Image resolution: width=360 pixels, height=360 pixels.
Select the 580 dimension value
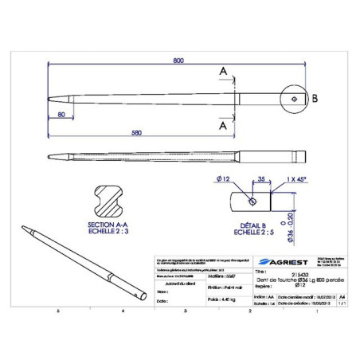[x=138, y=131]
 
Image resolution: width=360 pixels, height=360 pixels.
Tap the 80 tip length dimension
[x=61, y=115]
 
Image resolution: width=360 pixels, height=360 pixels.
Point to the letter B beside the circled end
[x=315, y=99]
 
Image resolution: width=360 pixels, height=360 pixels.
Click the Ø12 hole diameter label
[x=224, y=180]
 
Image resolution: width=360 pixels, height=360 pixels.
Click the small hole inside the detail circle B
[x=294, y=99]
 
